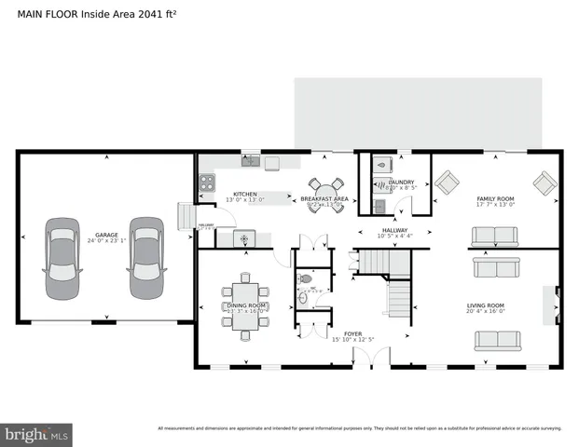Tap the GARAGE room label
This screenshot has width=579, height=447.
[105, 235]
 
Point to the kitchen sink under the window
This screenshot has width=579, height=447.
[249, 162]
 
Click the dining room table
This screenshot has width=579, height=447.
[245, 299]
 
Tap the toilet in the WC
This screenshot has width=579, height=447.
[305, 278]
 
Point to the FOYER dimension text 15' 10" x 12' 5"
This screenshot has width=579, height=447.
[353, 339]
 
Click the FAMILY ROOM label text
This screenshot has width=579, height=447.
[495, 198]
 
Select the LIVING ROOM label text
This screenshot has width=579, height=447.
[485, 305]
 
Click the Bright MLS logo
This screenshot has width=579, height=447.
[37, 434]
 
